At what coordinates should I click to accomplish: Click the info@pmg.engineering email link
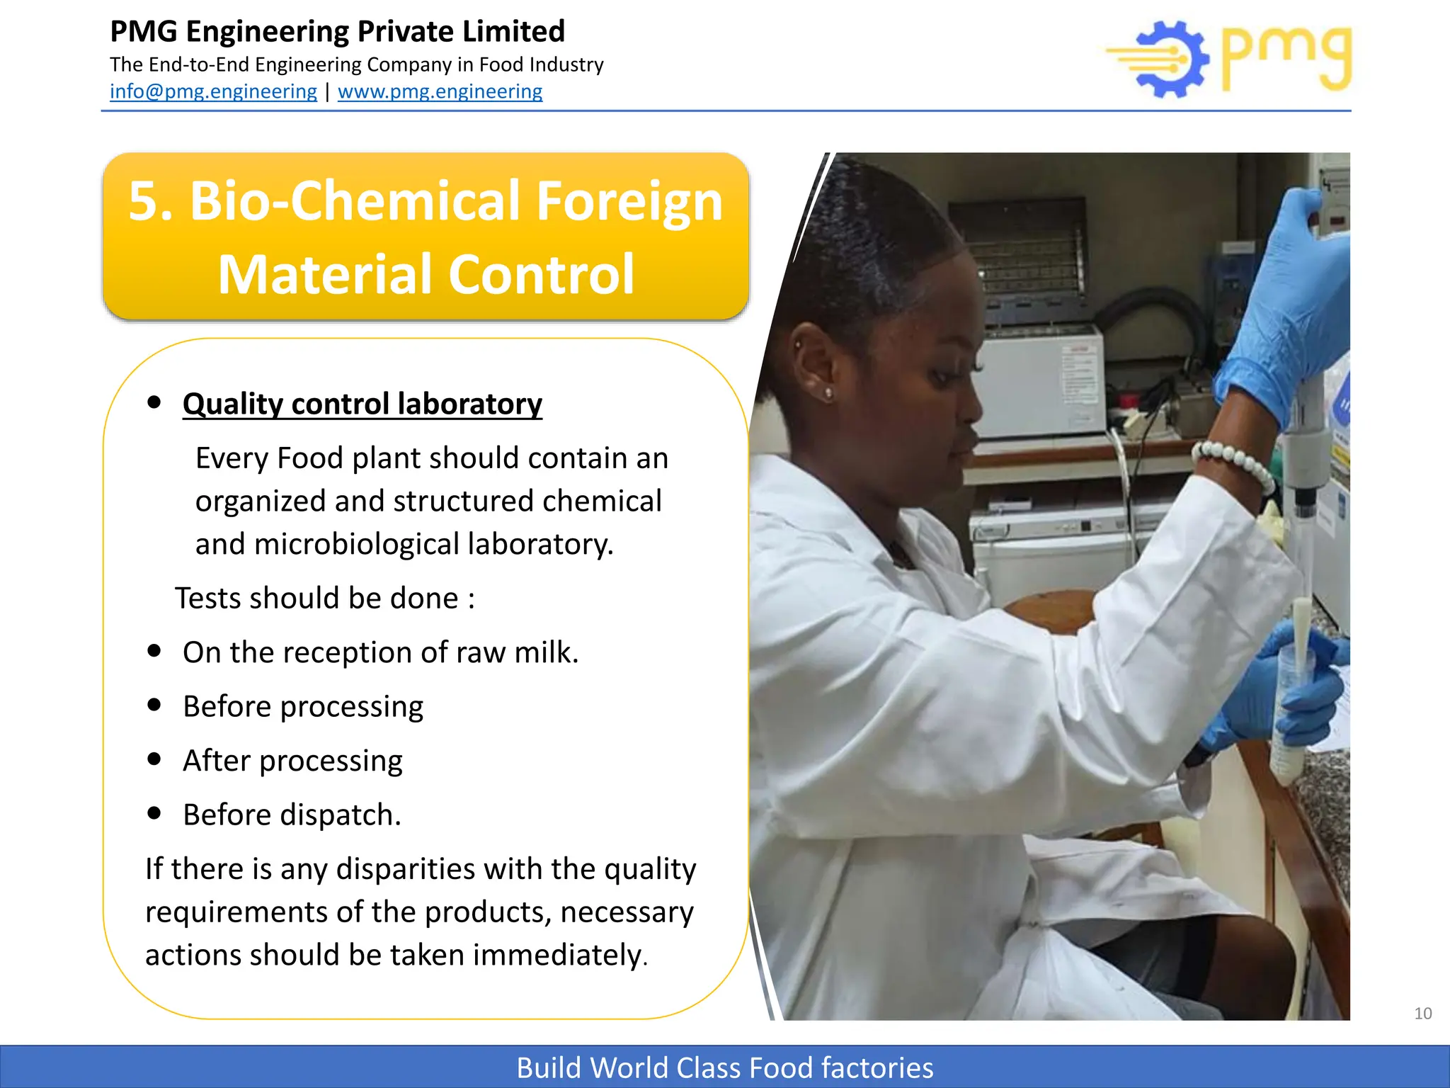pyautogui.click(x=213, y=91)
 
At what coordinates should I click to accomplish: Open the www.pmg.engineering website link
pyautogui.click(x=440, y=91)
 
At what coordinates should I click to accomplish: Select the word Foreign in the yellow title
pyautogui.click(x=629, y=201)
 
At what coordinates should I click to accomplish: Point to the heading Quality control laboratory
pyautogui.click(x=362, y=404)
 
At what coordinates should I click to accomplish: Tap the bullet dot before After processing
pyautogui.click(x=154, y=759)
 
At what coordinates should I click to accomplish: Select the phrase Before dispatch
pyautogui.click(x=292, y=815)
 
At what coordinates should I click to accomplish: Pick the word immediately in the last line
pyautogui.click(x=559, y=955)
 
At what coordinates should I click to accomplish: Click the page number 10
pyautogui.click(x=1422, y=1013)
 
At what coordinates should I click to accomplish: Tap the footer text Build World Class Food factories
pyautogui.click(x=725, y=1067)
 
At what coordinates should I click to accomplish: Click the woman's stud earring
pyautogui.click(x=828, y=392)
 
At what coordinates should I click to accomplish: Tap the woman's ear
pyautogui.click(x=814, y=361)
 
